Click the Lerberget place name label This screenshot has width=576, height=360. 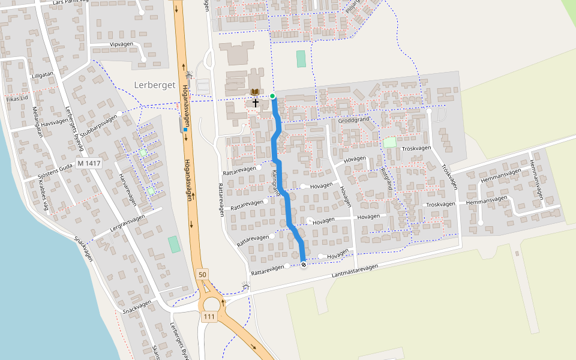(154, 85)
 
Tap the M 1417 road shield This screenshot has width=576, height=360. (89, 163)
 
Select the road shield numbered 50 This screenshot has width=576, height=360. (202, 274)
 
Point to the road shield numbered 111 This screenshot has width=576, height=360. (209, 317)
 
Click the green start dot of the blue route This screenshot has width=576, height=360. (272, 96)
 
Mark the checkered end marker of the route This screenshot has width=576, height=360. (304, 264)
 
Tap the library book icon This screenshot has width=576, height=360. (255, 92)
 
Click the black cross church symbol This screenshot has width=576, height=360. (255, 103)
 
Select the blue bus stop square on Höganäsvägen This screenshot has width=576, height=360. (185, 130)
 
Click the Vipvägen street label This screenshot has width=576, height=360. (121, 44)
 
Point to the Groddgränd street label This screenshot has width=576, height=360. (354, 119)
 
